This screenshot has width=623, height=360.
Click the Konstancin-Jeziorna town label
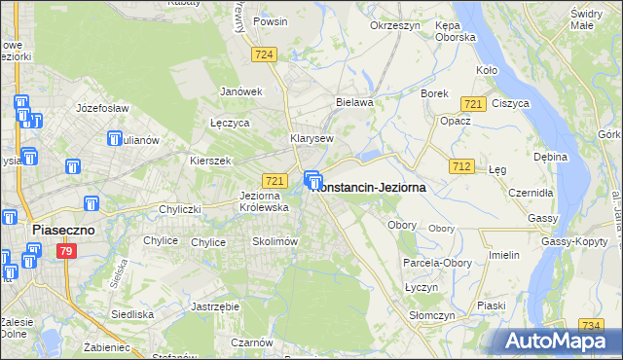coord(370,189)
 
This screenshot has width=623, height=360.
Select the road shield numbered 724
coord(262,56)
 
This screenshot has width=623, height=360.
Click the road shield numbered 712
coord(462,167)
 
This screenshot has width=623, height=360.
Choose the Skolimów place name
coord(275,241)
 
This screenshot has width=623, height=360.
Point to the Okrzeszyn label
coord(394,26)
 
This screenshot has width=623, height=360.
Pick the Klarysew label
coord(312,139)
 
